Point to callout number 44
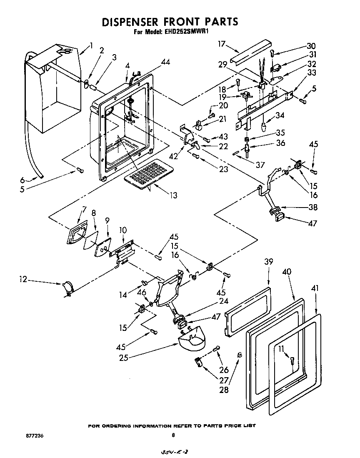165,62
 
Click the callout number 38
312,208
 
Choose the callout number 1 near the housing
91,45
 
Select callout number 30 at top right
311,46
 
